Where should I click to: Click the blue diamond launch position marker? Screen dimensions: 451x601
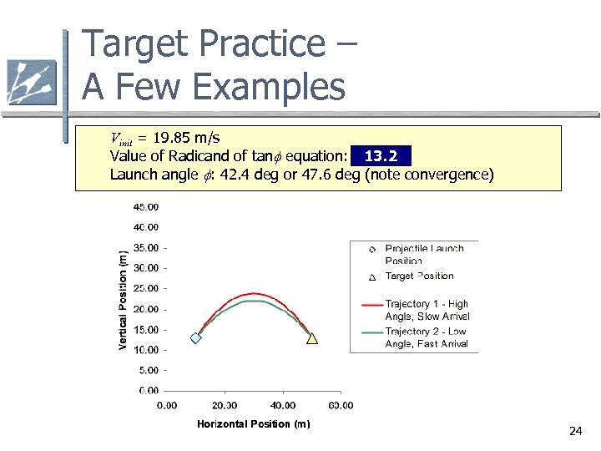tap(195, 338)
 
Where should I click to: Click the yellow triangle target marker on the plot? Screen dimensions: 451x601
tap(312, 338)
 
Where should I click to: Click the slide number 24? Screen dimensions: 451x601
tap(574, 431)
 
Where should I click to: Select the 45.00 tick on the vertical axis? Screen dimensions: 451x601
tap(147, 206)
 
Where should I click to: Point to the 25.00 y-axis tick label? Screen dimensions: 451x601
tap(147, 288)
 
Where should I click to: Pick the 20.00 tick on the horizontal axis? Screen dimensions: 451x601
tap(225, 406)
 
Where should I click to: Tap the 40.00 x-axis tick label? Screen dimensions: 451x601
tap(283, 406)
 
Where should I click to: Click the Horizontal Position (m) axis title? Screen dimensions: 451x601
tap(253, 424)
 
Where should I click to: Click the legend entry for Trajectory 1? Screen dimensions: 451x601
tap(427, 310)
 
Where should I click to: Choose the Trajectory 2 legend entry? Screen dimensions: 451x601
tap(426, 338)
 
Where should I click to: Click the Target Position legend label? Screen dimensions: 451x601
tap(419, 276)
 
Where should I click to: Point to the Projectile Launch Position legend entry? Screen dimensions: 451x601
tap(424, 254)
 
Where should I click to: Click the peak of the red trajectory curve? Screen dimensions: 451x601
tap(254, 293)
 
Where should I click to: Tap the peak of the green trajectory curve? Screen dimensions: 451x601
tap(254, 301)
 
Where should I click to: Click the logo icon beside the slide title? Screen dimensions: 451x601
tap(31, 82)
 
